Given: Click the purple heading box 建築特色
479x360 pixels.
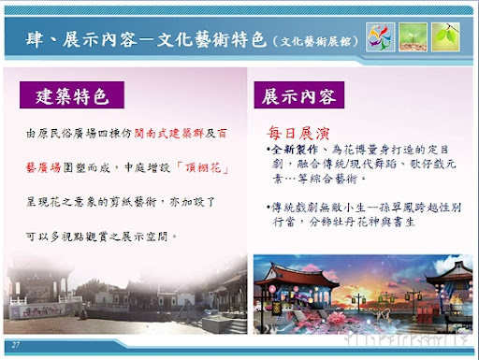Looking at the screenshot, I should click(80, 94).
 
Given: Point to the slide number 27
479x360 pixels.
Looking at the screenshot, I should click(16, 345).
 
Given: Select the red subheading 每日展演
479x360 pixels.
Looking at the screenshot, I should click(296, 133).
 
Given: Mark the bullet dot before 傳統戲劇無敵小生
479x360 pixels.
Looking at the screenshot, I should click(267, 204).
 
